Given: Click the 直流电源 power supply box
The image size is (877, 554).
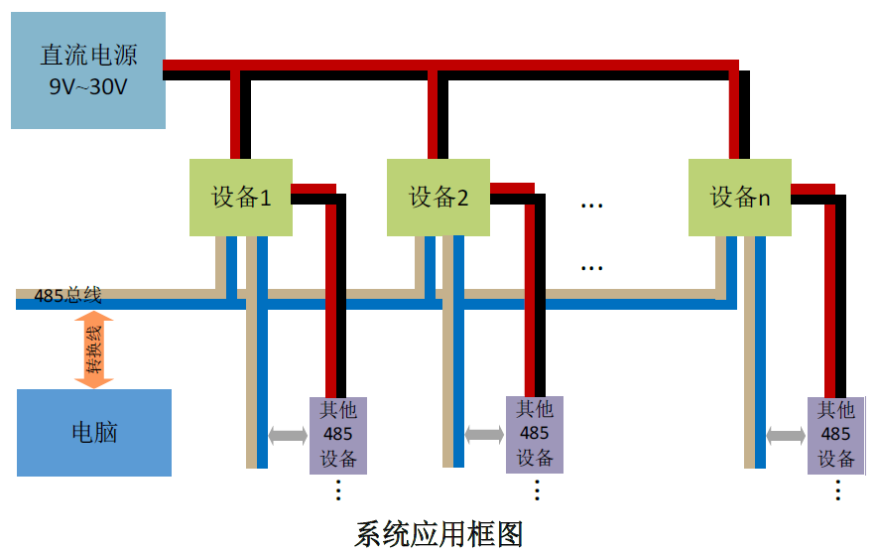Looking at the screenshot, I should (87, 69).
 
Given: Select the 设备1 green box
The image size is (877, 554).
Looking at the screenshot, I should (241, 197).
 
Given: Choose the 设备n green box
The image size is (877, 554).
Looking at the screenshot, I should (740, 197).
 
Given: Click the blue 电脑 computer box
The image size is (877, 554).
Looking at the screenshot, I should (94, 433).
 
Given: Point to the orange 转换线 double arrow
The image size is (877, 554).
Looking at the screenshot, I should (94, 348).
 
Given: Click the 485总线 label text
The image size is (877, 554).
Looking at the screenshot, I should (67, 295).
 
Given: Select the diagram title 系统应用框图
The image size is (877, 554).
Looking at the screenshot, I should (438, 533).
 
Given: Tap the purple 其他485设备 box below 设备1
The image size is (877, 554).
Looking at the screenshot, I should (337, 434).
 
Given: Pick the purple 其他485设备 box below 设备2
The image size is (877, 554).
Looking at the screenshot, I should (535, 434).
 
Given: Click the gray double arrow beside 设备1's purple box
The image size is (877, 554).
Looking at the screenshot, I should (288, 435).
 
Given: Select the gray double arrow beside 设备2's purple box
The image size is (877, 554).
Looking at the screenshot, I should (484, 435).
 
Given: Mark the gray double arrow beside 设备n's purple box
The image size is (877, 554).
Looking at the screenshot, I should (786, 435).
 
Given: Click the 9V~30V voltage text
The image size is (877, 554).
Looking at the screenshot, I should (87, 87).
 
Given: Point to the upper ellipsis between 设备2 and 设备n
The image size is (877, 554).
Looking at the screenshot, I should (592, 205).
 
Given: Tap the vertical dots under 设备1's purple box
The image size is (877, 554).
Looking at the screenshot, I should (337, 489).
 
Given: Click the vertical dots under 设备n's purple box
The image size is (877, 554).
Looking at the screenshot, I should (837, 489).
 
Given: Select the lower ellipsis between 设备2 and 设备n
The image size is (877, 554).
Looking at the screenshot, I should (592, 267).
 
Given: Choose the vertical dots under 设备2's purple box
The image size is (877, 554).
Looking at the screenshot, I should (537, 489).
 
